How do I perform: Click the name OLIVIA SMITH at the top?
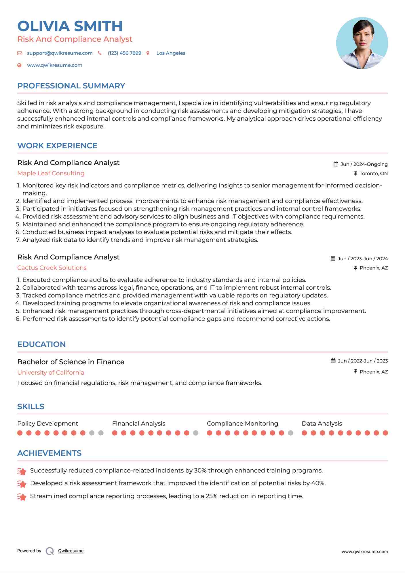[x=70, y=26]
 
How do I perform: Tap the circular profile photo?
[x=362, y=43]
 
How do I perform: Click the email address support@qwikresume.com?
[x=60, y=53]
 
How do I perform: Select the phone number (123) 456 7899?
[x=124, y=53]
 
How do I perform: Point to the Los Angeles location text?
[x=171, y=53]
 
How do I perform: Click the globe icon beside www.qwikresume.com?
[x=20, y=65]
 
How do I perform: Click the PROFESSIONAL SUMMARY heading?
[x=71, y=86]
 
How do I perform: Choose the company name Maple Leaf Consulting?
[x=51, y=173]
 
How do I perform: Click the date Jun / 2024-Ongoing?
[x=364, y=164]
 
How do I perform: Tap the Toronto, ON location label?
[x=373, y=173]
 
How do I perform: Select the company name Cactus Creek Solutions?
[x=52, y=268]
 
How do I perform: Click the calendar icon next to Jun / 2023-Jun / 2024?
[x=333, y=259]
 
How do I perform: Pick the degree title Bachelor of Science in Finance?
[x=71, y=362]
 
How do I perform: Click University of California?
[x=51, y=373]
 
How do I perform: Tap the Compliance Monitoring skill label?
[x=242, y=424]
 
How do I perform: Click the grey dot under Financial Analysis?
[x=196, y=433]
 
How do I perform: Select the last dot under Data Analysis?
[x=385, y=433]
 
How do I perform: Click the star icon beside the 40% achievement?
[x=22, y=484]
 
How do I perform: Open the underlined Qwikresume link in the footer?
[x=71, y=551]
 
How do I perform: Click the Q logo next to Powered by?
[x=50, y=551]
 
